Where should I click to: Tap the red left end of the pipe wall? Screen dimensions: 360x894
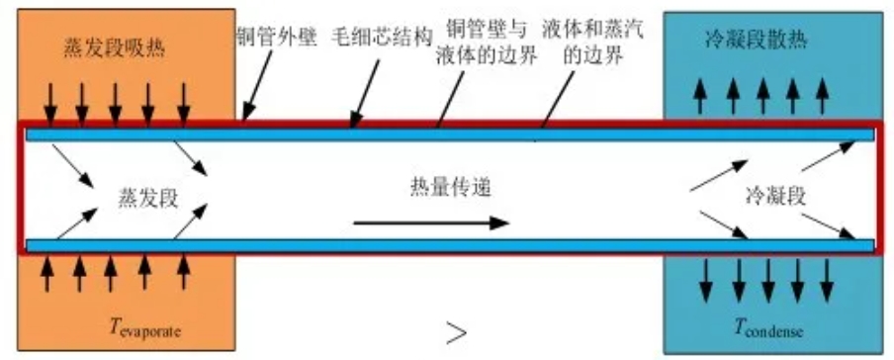21,188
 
